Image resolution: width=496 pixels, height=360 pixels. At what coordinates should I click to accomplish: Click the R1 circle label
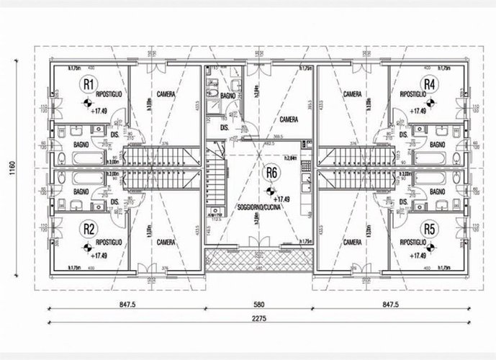click(88, 84)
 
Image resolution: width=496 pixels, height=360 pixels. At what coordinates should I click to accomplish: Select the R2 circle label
click(88, 229)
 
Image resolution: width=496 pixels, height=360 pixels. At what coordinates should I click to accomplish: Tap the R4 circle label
click(429, 84)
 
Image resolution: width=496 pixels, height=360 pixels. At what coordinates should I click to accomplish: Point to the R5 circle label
click(429, 229)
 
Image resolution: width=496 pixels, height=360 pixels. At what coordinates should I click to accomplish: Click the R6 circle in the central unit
click(271, 172)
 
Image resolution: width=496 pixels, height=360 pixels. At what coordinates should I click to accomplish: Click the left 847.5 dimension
click(129, 304)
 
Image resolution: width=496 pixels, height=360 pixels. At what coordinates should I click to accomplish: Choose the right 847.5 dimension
click(389, 304)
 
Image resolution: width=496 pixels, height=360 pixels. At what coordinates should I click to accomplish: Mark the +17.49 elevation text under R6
click(281, 199)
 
